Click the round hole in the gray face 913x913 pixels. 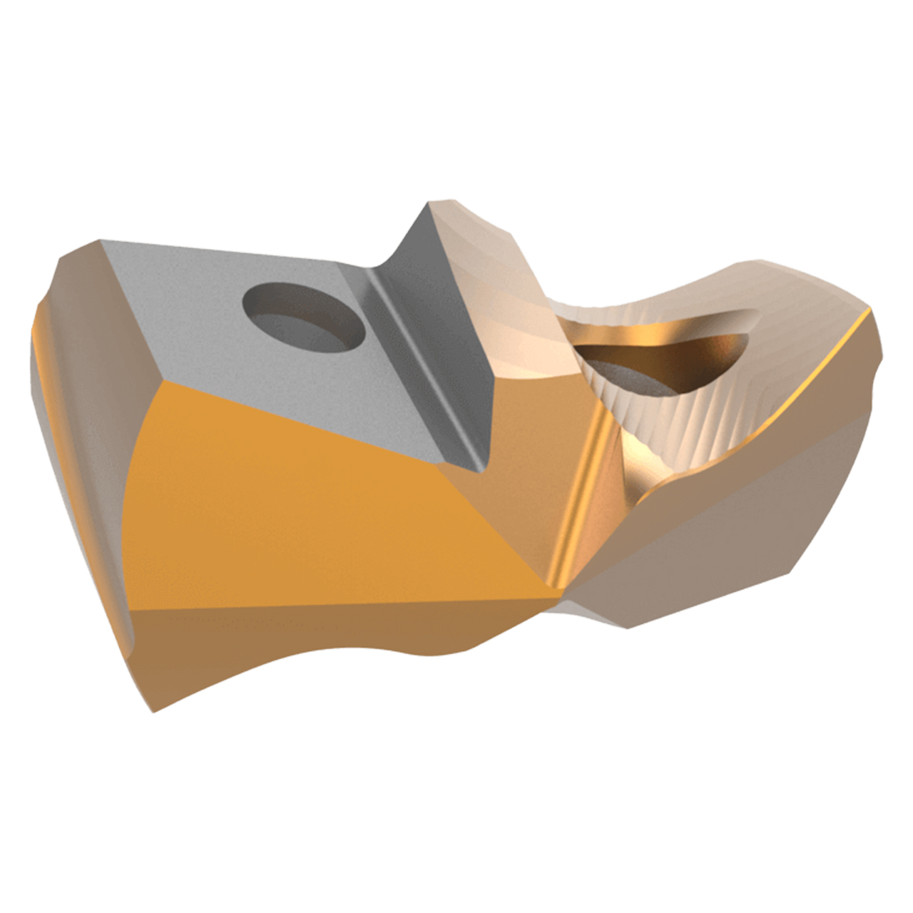coord(304,317)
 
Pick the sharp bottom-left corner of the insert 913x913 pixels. coord(153,710)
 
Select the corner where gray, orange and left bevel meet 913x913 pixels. coord(164,382)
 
